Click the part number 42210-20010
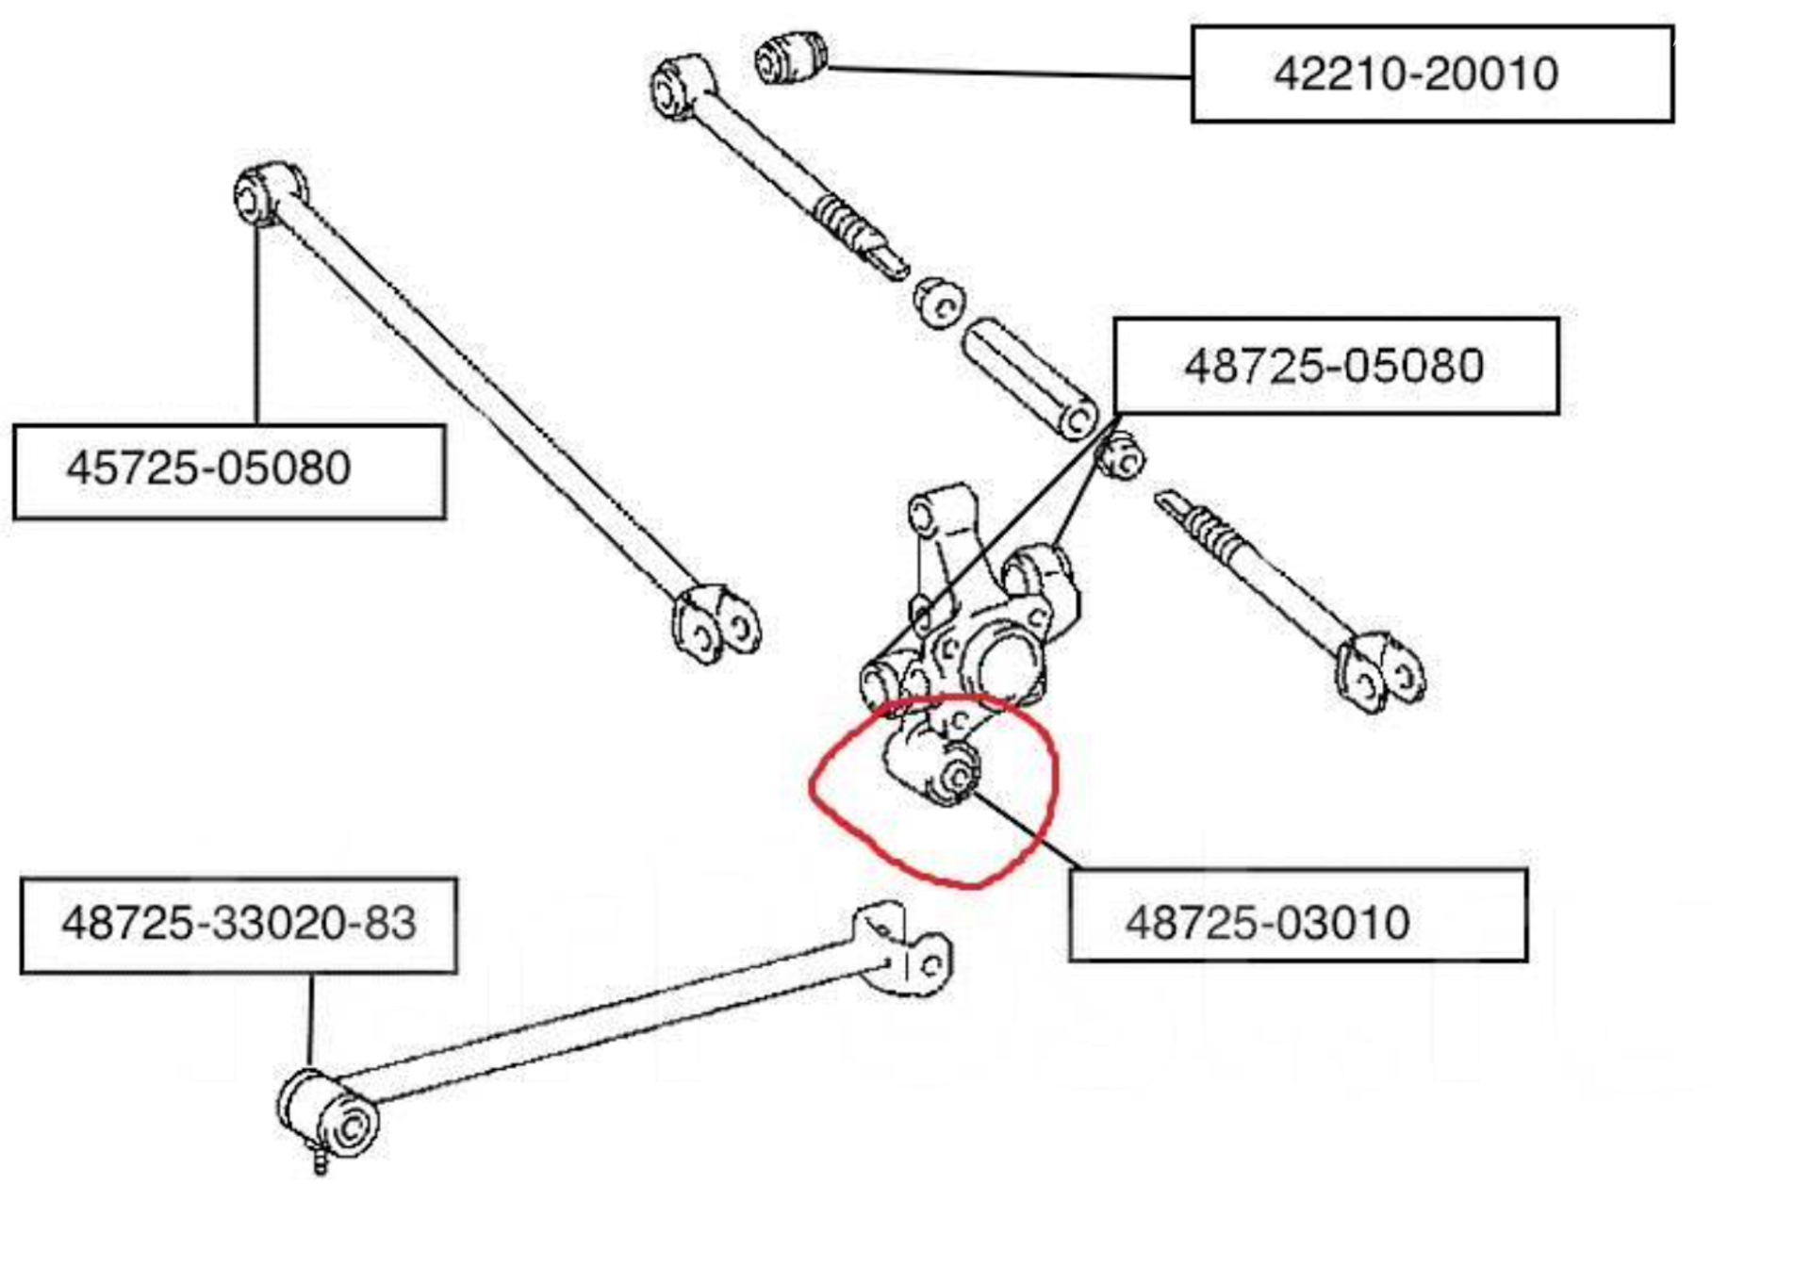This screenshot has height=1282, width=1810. [1415, 74]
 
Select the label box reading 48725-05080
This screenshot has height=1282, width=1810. [1336, 366]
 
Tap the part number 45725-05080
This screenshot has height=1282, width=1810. [208, 468]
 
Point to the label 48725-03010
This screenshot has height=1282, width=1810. [1268, 922]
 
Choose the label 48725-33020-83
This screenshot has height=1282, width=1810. [239, 923]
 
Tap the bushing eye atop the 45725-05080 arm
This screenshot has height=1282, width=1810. [269, 193]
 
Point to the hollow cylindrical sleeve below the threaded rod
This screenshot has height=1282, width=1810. [1029, 377]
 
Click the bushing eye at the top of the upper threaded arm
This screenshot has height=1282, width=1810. [681, 87]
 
